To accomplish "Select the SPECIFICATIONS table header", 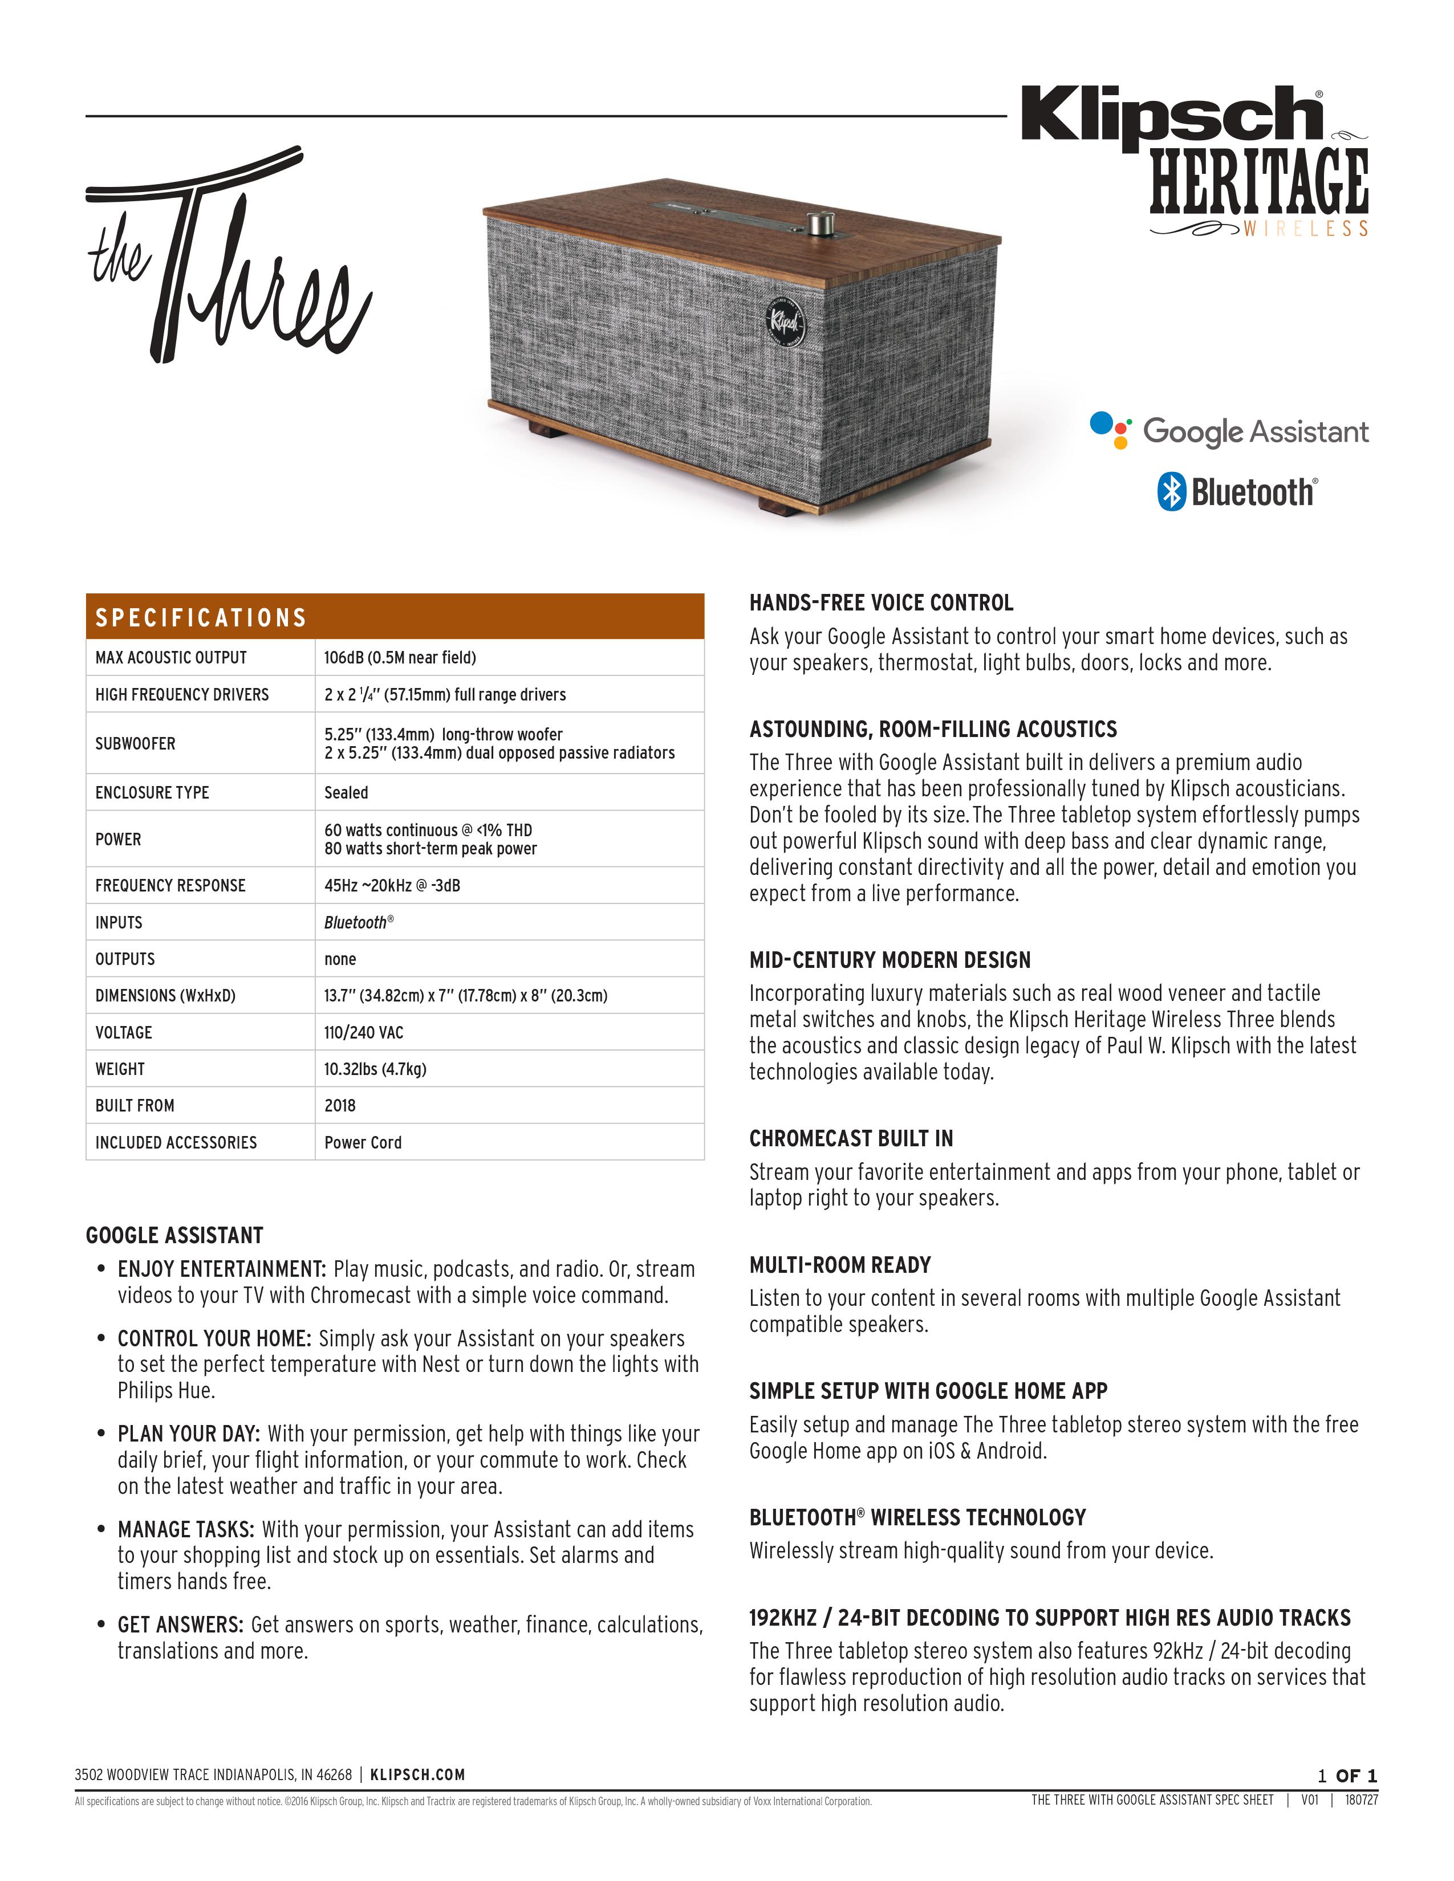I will pyautogui.click(x=201, y=617).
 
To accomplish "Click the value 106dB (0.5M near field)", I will pyautogui.click(x=400, y=658).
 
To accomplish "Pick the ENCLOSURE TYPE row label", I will pyautogui.click(x=152, y=792).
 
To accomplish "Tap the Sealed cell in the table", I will pyautogui.click(x=346, y=792).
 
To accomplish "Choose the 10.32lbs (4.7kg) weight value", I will pyautogui.click(x=375, y=1069).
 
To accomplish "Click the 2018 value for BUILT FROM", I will pyautogui.click(x=339, y=1106).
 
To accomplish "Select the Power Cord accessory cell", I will pyautogui.click(x=363, y=1143).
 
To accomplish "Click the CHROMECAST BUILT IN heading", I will pyautogui.click(x=850, y=1139).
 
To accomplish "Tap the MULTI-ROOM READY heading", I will pyautogui.click(x=840, y=1265).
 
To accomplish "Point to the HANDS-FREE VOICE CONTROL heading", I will pyautogui.click(x=880, y=603).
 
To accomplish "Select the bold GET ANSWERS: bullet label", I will pyautogui.click(x=181, y=1625).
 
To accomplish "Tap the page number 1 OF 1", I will pyautogui.click(x=1347, y=1776).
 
